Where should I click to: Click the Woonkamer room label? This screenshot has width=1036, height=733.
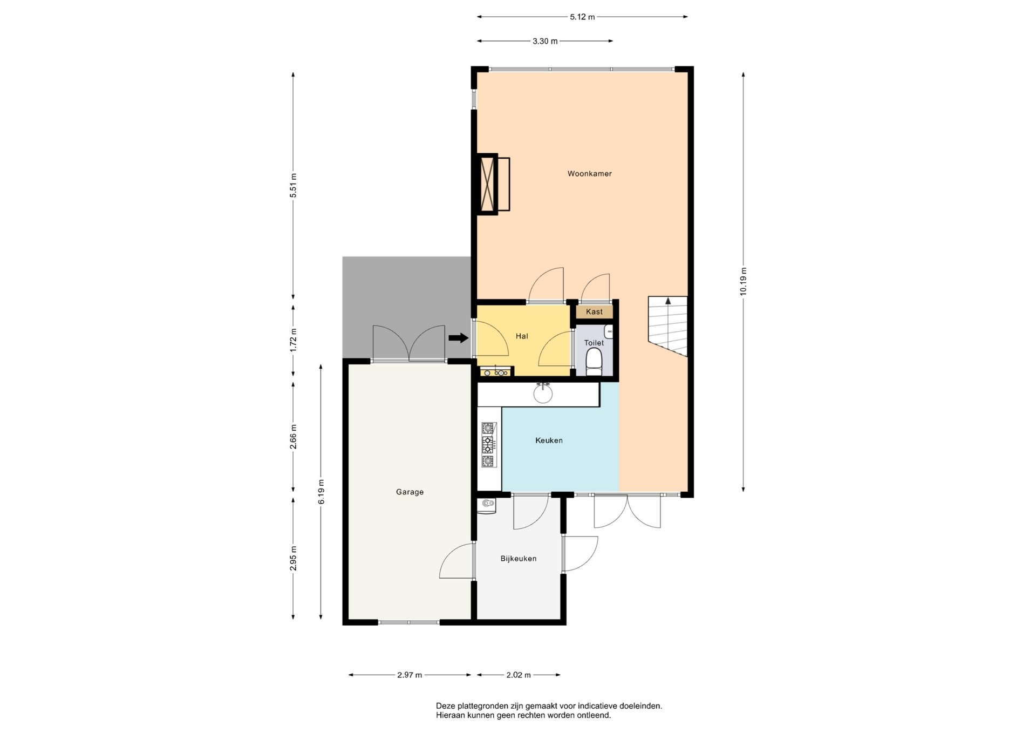coord(589,174)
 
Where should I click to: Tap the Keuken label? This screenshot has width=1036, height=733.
coord(549,440)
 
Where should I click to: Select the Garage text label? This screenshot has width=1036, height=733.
coord(410,492)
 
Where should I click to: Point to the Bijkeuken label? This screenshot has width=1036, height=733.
coord(518,559)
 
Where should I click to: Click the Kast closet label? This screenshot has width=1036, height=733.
coord(594,312)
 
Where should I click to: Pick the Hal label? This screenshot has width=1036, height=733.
coord(522,336)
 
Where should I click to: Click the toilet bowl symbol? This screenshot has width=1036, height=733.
coord(594,362)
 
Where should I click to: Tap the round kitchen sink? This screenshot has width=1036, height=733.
coord(543,393)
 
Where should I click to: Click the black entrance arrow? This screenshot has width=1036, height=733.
coord(458,338)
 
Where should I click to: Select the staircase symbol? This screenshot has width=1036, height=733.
coord(668,326)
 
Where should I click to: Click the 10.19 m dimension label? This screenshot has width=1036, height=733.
coord(743,282)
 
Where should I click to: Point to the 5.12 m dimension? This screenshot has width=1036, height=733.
coord(582,17)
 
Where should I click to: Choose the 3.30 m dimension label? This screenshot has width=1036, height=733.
coord(545,41)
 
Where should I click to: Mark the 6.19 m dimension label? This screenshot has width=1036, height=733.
coord(321,492)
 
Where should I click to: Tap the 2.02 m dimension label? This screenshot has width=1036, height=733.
coord(519,675)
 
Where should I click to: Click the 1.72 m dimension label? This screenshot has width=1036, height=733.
coord(293,340)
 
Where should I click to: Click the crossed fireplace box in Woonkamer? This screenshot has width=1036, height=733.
coord(488,184)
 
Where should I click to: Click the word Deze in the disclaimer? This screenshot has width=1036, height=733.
coord(445,705)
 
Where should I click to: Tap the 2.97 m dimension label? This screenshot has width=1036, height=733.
coord(410,675)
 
